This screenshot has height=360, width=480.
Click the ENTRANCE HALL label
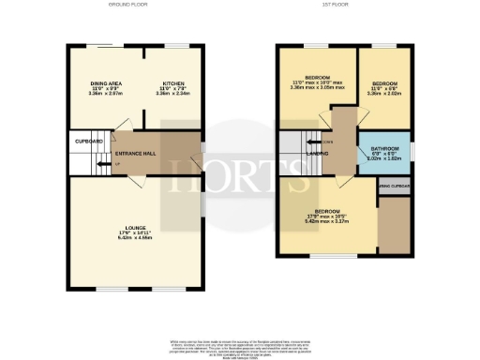134,153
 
